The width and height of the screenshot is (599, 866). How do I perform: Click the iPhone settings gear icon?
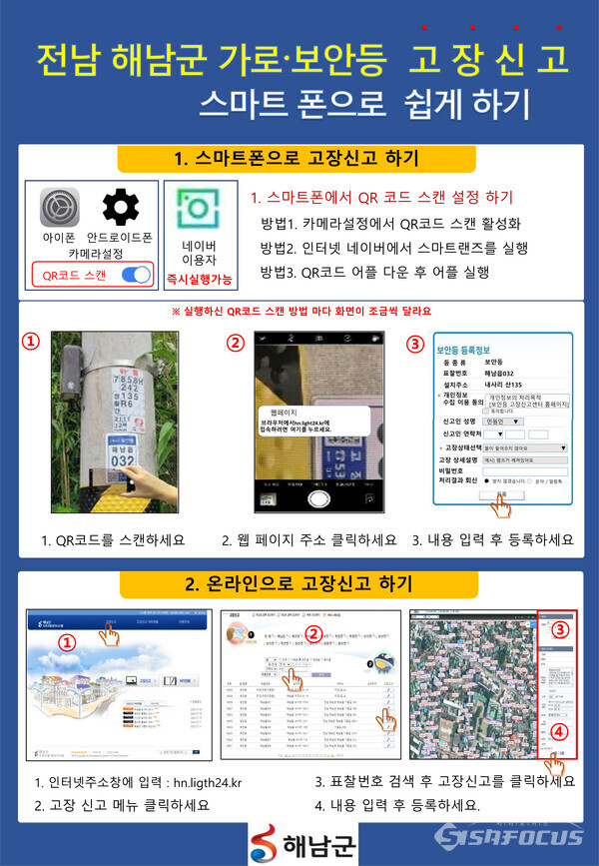click(x=59, y=209)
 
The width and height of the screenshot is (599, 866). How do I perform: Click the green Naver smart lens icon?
click(x=201, y=209)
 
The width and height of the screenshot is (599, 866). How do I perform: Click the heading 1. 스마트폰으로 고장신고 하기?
click(x=296, y=159)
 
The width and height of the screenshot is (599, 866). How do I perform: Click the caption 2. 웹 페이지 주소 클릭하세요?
click(x=309, y=539)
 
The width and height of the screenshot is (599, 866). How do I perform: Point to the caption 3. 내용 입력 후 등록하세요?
click(x=493, y=539)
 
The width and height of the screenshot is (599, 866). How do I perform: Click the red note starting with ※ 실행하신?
click(x=299, y=312)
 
